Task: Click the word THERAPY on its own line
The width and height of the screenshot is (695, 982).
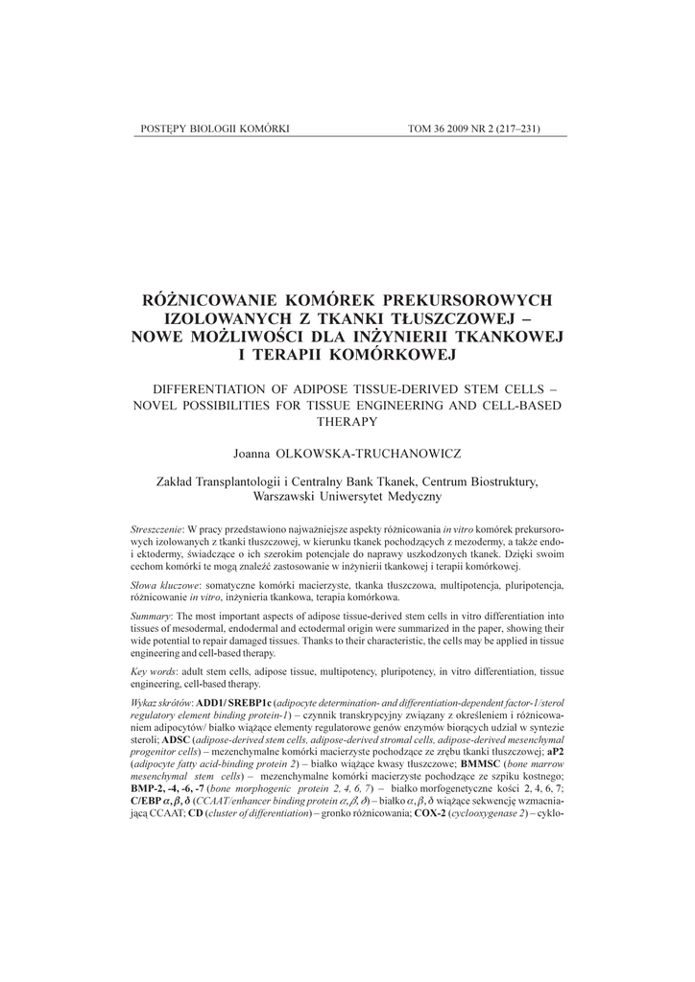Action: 347,421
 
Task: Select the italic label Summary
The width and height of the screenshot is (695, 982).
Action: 151,614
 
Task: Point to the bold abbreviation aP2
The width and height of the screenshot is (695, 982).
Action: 555,753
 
